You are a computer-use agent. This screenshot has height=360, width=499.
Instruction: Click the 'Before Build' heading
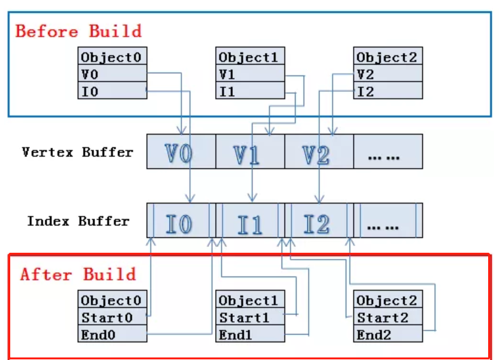point(78,31)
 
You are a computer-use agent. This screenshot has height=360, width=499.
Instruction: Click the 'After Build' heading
point(78,274)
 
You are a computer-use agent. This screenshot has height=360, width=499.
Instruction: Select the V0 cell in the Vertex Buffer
point(181,152)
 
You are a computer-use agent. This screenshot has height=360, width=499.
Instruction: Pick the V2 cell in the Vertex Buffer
point(318,152)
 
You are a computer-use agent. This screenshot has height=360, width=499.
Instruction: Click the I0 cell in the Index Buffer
point(181,221)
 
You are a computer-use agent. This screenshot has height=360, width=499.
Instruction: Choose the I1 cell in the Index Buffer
point(250,221)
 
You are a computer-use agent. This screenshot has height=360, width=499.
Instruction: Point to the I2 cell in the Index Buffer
point(318,221)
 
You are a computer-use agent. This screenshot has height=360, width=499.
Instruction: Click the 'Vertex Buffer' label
point(78,152)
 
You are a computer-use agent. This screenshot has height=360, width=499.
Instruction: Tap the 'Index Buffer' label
point(78,221)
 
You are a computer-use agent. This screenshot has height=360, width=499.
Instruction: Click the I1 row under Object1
point(251,91)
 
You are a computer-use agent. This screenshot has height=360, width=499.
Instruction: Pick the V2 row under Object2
point(388,74)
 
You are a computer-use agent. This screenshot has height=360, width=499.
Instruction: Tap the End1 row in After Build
point(251,334)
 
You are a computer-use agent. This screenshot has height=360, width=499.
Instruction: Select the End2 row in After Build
point(388,334)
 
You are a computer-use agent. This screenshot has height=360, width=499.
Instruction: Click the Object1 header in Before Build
point(251,57)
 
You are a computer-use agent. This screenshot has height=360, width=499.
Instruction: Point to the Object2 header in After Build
point(388,300)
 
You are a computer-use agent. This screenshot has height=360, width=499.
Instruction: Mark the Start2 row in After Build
point(388,317)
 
